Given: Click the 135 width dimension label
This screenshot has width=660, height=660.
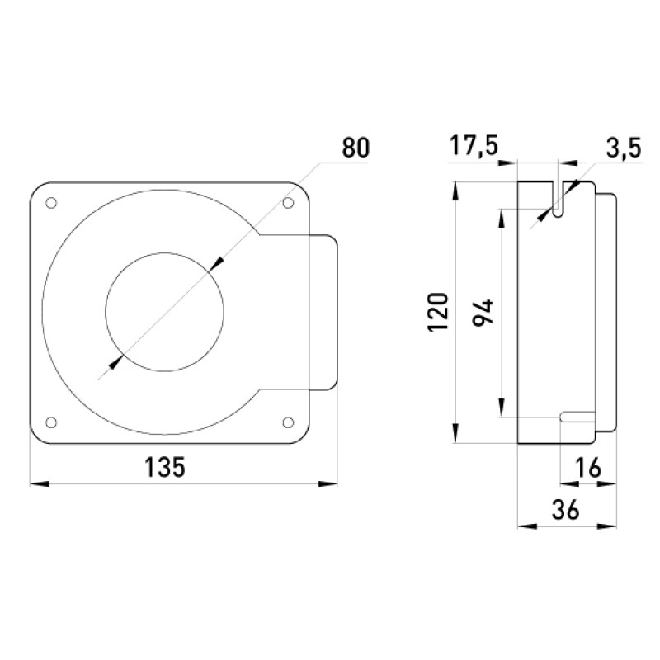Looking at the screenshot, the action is pyautogui.click(x=164, y=467).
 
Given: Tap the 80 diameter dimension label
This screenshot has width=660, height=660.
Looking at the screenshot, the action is pyautogui.click(x=356, y=148).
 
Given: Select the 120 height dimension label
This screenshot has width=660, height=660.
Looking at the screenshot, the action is pyautogui.click(x=438, y=312).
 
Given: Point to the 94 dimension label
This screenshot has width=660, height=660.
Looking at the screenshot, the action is pyautogui.click(x=483, y=313).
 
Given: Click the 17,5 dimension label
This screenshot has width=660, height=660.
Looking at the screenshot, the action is pyautogui.click(x=474, y=146).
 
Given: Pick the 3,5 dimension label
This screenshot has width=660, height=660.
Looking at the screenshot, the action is pyautogui.click(x=624, y=148).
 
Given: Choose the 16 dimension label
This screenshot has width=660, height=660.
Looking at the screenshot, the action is pyautogui.click(x=589, y=467).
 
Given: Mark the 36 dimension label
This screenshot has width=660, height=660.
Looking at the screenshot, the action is pyautogui.click(x=566, y=509).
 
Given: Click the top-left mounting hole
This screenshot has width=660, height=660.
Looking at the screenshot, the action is pyautogui.click(x=51, y=203).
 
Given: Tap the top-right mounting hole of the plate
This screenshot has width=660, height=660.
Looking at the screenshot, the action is pyautogui.click(x=288, y=203).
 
